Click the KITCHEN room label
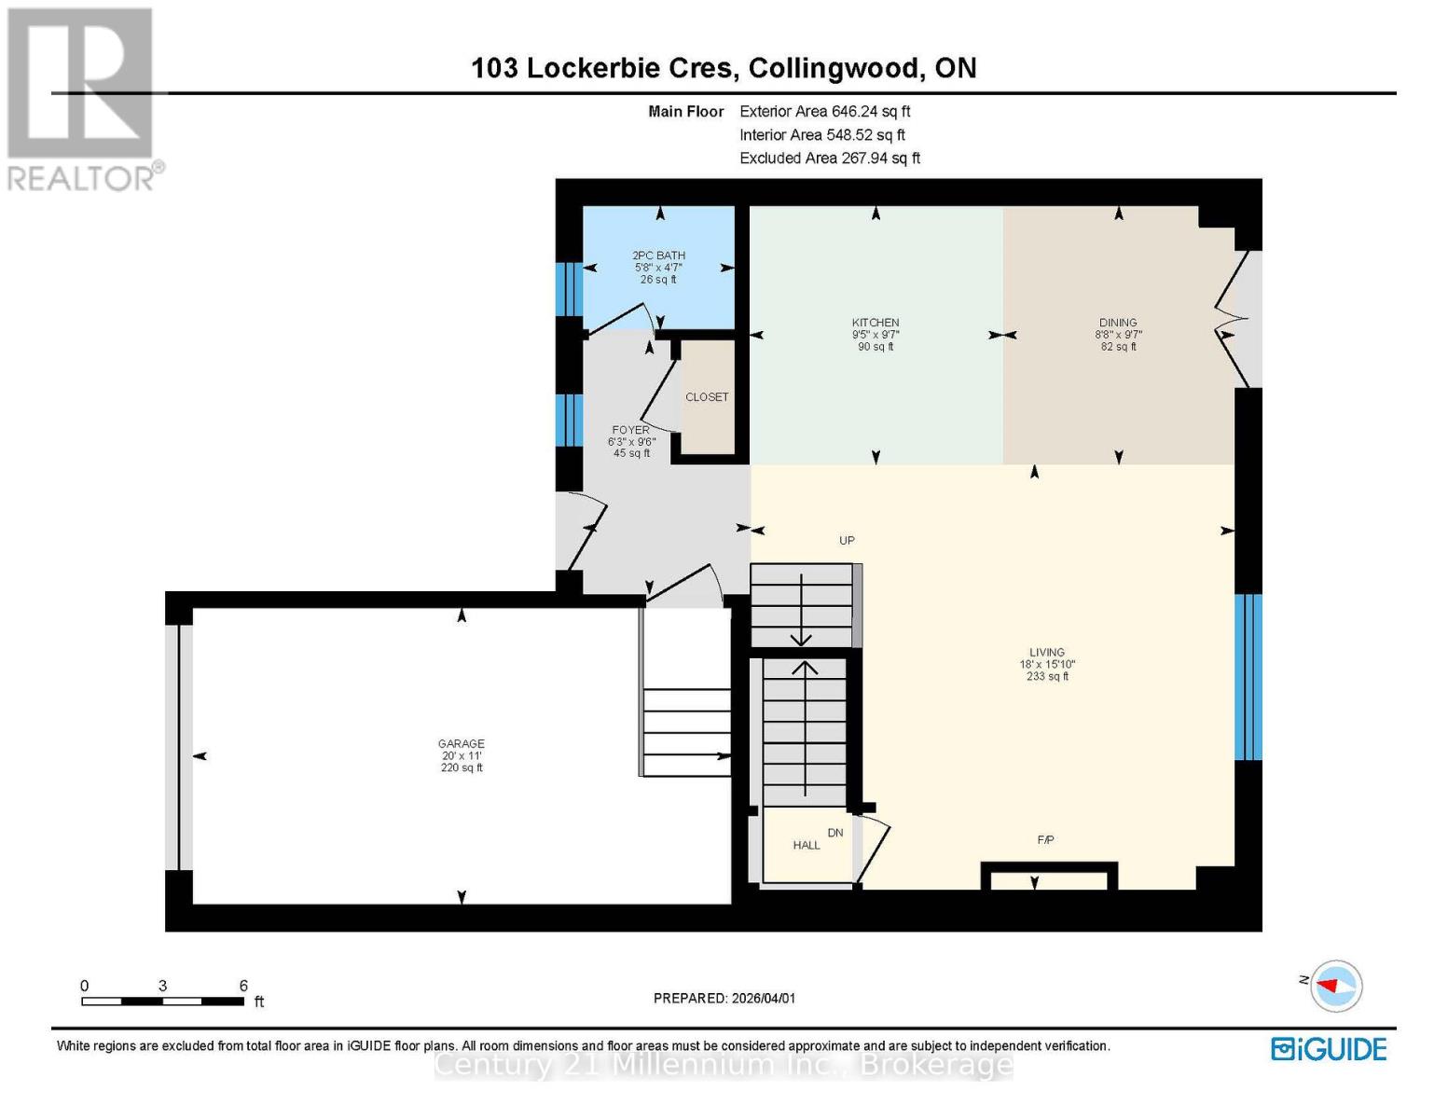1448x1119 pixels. [875, 323]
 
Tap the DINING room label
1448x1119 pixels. [1118, 323]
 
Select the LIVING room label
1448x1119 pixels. [1047, 653]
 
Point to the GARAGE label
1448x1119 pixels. [461, 744]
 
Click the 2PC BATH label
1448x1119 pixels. [658, 256]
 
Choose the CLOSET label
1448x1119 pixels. [707, 397]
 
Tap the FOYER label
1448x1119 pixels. [630, 430]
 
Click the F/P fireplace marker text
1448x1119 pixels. [1045, 840]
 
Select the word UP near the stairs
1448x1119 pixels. [847, 541]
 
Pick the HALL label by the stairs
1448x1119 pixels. [807, 846]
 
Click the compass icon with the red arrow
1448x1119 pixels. [1336, 986]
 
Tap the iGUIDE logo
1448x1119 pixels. [1329, 1049]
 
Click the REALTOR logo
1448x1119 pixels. [82, 98]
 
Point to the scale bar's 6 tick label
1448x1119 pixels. [243, 986]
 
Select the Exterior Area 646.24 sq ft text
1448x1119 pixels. [824, 111]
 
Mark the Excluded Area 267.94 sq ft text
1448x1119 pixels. [829, 159]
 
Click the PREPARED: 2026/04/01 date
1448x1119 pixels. [724, 998]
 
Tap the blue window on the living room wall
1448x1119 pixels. [1248, 677]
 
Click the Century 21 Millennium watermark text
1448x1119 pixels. [724, 1065]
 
